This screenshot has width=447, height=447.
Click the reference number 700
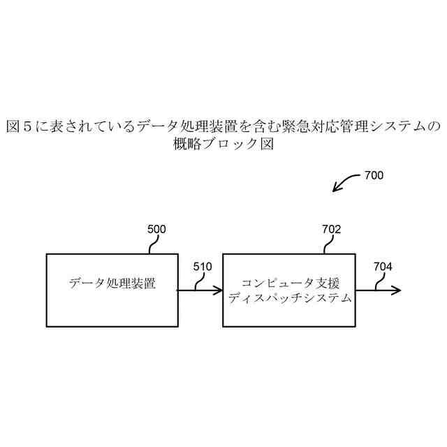(374, 176)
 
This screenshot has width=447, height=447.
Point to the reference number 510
(202, 266)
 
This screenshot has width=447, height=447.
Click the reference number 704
(383, 266)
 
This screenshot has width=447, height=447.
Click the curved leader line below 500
(153, 244)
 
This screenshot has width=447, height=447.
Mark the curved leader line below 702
(328, 244)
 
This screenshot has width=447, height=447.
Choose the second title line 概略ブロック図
(223, 145)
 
